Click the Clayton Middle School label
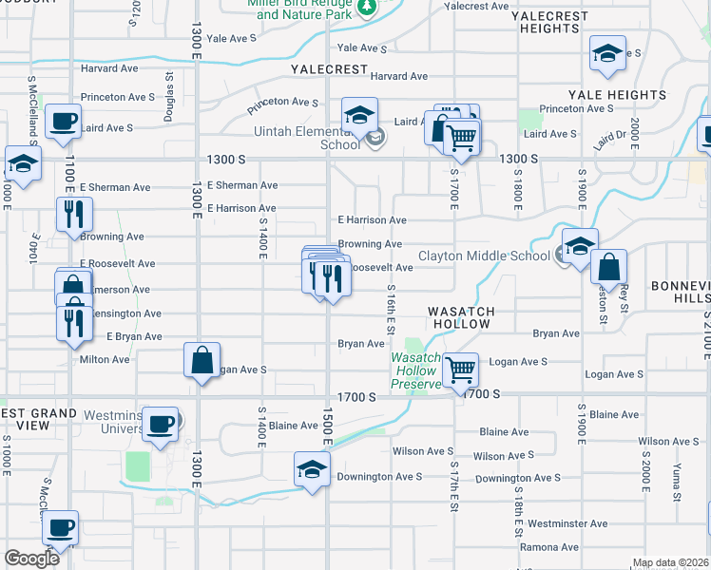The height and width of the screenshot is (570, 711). tap(484, 256)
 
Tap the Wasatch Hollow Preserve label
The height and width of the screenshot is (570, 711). tap(416, 370)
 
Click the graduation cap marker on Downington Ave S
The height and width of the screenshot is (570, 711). tap(312, 468)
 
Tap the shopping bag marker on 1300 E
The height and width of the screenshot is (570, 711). tap(202, 360)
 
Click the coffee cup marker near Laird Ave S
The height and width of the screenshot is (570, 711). tap(63, 122)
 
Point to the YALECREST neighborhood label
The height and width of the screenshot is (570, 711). tap(329, 69)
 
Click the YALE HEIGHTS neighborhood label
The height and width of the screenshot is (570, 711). tap(617, 95)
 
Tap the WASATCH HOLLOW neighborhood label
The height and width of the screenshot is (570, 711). tap(459, 317)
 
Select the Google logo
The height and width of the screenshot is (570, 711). tap(31, 558)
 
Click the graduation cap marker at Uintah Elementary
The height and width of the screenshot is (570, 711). tap(359, 116)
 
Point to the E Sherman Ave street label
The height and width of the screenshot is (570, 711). tap(242, 185)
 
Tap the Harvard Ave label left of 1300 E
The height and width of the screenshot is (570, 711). tap(109, 68)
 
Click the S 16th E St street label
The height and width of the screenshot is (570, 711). tap(390, 311)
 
